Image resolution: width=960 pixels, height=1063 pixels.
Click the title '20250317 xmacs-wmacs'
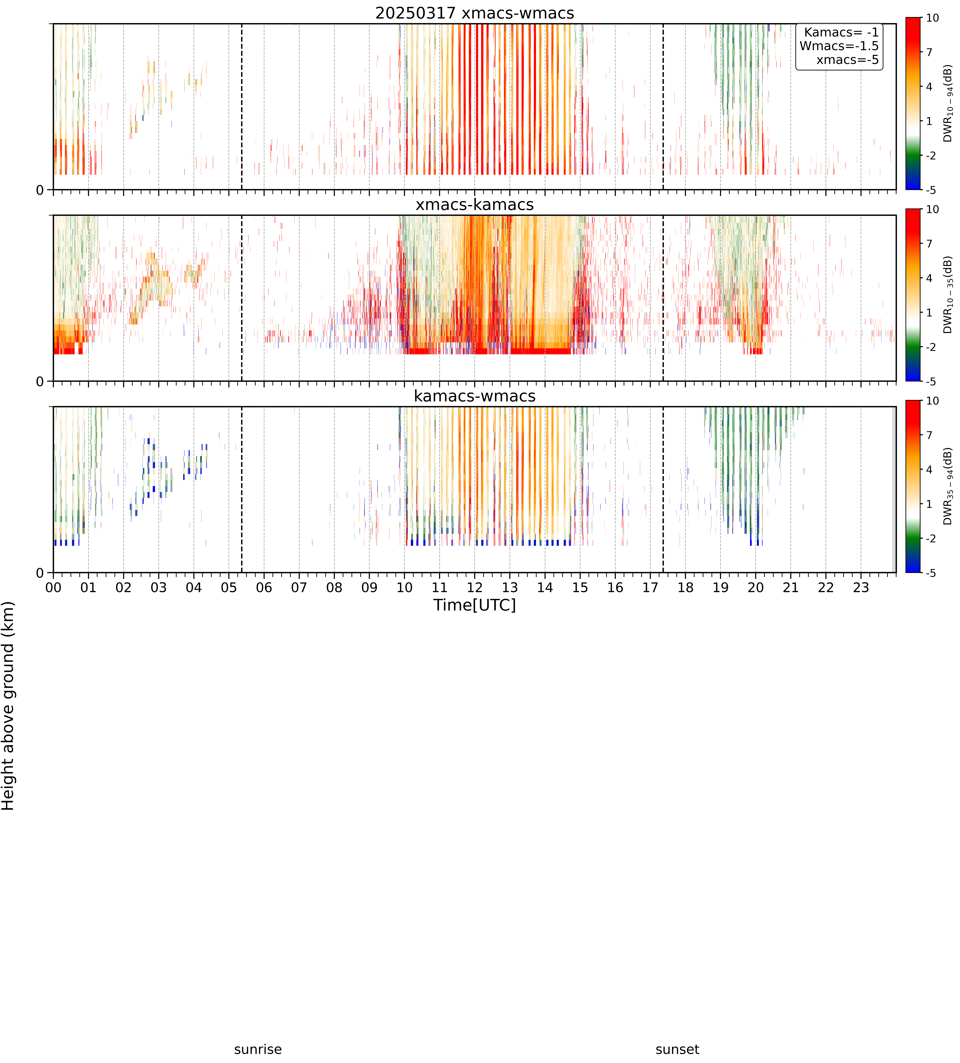tap(475, 13)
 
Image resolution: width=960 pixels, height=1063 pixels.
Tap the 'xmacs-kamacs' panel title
tap(475, 205)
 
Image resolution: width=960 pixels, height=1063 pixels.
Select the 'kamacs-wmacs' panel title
tap(475, 396)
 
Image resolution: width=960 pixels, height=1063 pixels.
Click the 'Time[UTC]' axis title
tap(475, 605)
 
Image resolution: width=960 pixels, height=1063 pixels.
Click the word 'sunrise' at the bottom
tap(258, 1049)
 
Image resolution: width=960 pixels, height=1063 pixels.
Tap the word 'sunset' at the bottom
tap(677, 1049)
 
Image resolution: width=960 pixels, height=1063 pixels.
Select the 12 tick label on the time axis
tap(475, 587)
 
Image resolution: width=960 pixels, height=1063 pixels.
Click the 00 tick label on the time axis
tap(53, 587)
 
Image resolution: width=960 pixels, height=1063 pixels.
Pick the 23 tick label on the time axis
tap(861, 587)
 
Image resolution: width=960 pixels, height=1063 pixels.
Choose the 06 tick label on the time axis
tap(264, 587)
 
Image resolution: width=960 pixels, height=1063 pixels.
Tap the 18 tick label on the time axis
tap(685, 587)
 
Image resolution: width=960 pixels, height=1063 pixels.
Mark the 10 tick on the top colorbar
tap(933, 18)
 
